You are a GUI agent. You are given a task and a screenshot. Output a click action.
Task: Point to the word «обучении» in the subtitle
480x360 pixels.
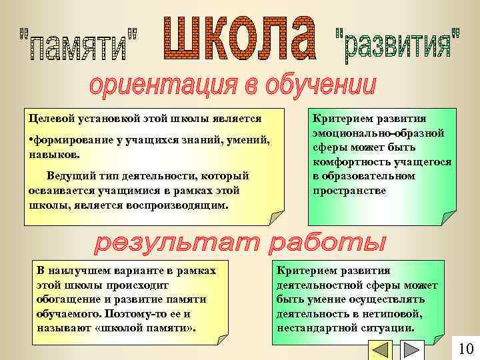click(320, 86)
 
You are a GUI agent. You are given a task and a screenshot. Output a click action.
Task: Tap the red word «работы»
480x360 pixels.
click(327, 245)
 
